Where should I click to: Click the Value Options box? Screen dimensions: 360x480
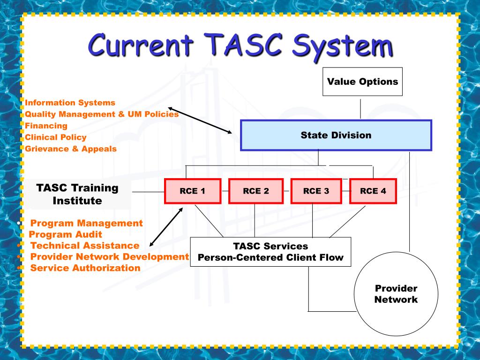362,82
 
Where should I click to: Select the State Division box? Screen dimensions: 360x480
336,135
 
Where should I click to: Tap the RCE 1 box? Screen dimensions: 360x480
192,191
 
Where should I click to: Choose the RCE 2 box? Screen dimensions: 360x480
255,191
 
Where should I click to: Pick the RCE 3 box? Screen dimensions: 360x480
316,191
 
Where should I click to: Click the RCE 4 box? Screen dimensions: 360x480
373,191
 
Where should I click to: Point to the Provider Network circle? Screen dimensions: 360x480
396,294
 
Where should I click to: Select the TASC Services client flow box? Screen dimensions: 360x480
270,252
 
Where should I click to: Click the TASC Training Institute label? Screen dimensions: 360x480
77,194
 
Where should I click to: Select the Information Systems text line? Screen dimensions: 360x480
70,102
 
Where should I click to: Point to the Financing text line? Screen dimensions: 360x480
46,126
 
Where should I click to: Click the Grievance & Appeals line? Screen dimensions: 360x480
70,149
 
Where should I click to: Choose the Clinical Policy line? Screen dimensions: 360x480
55,137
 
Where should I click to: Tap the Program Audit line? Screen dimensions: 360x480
65,234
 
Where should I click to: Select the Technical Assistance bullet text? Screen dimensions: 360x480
84,246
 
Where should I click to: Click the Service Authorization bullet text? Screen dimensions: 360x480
85,268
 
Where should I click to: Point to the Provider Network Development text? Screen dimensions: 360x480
109,257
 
